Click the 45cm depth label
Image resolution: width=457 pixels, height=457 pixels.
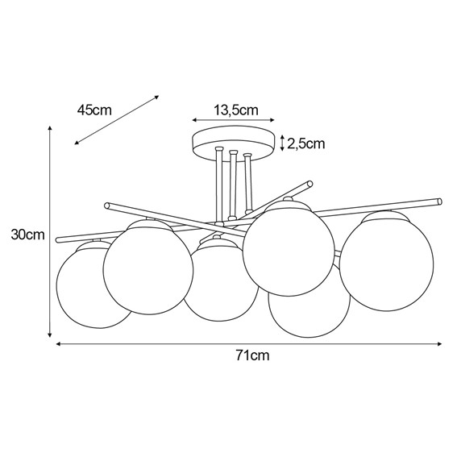pyautogui.click(x=94, y=110)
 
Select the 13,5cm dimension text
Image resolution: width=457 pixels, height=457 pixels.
pyautogui.click(x=235, y=110)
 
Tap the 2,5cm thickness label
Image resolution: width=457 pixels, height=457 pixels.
pyautogui.click(x=305, y=144)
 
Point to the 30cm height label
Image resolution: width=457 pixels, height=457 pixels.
pyautogui.click(x=28, y=235)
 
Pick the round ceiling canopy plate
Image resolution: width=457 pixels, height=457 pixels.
pyautogui.click(x=233, y=142)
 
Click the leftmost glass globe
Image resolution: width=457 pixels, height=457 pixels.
pyautogui.click(x=87, y=286)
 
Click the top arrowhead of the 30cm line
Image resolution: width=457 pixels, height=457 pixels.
pyautogui.click(x=50, y=128)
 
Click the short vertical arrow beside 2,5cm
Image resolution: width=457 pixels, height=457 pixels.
pyautogui.click(x=281, y=143)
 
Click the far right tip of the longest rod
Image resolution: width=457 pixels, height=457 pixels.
pyautogui.click(x=440, y=201)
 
